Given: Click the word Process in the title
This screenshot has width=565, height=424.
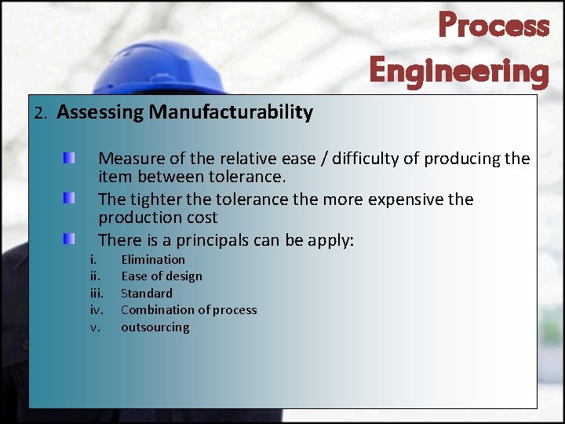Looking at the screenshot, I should (x=494, y=25).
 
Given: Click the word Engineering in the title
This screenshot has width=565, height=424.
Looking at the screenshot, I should (x=459, y=71).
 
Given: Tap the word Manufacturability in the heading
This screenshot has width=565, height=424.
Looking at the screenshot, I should (x=231, y=112).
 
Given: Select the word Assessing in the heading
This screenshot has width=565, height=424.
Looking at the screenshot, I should (x=100, y=112).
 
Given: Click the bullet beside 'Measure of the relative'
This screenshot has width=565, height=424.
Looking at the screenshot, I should (x=70, y=159).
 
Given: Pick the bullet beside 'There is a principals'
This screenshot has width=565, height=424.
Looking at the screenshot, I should (x=70, y=238).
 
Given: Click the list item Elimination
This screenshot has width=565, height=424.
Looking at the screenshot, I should (x=153, y=259).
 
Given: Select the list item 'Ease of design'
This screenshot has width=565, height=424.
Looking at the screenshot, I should (x=161, y=276).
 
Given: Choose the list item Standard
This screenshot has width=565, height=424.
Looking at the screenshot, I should (x=146, y=293).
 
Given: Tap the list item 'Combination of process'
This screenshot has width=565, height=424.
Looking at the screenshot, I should (x=188, y=310).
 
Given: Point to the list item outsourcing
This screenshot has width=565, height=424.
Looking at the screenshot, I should (x=155, y=327).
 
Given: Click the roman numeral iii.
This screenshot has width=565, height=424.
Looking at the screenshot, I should (x=97, y=293).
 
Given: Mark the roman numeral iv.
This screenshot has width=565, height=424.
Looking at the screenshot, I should (x=97, y=310).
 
